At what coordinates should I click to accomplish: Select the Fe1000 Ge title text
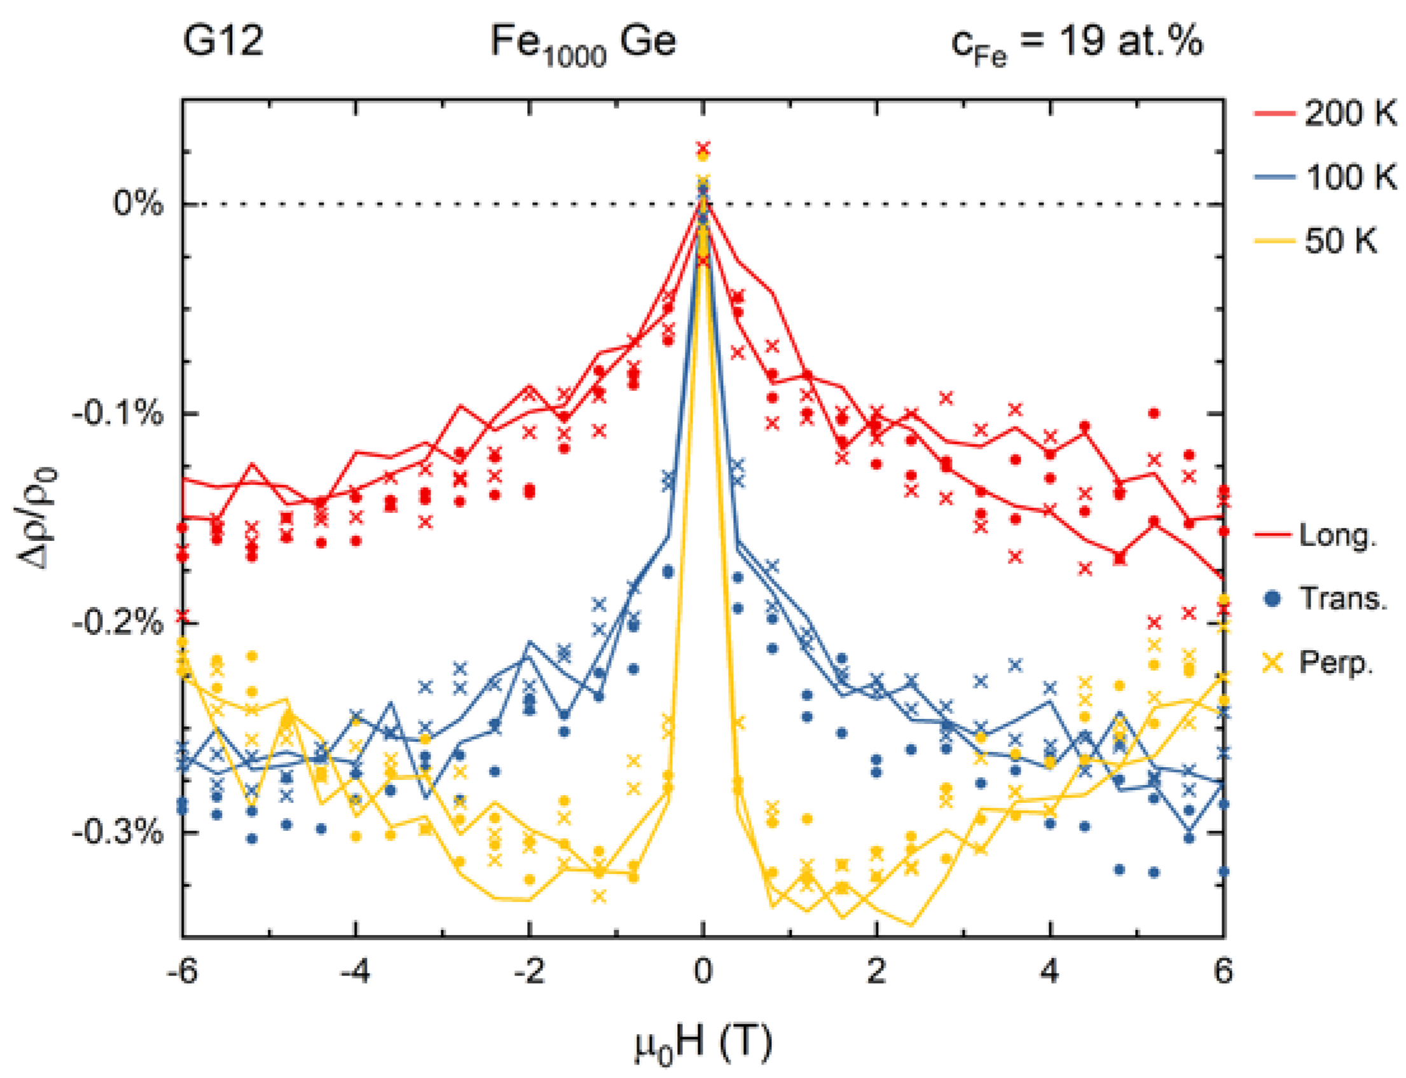583,44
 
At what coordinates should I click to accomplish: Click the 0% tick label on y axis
138,203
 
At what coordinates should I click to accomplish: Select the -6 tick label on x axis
182,971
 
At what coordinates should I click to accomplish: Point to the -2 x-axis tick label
528,971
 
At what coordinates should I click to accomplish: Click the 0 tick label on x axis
703,971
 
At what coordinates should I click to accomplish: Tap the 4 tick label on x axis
1050,971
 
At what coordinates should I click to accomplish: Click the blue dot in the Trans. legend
1272,599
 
